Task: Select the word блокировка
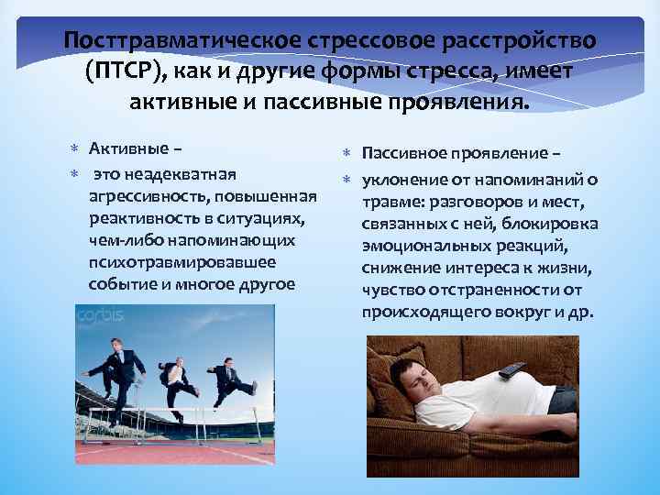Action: click(x=557, y=224)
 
